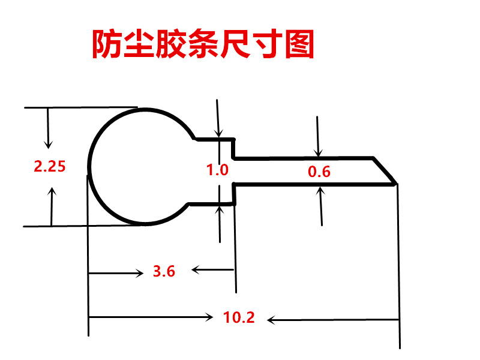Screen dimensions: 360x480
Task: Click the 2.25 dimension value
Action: [49, 167]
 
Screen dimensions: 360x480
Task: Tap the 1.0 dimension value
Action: [217, 170]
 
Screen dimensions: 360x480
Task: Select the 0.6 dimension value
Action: [319, 172]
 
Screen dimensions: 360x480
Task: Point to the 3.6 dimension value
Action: [164, 271]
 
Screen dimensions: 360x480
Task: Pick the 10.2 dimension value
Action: [239, 318]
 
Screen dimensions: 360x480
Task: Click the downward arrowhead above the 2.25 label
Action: [49, 145]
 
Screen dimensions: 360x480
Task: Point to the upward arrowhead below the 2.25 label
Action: [52, 191]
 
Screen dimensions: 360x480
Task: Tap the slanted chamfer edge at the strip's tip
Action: [385, 171]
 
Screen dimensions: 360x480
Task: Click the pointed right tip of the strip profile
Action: [395, 183]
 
